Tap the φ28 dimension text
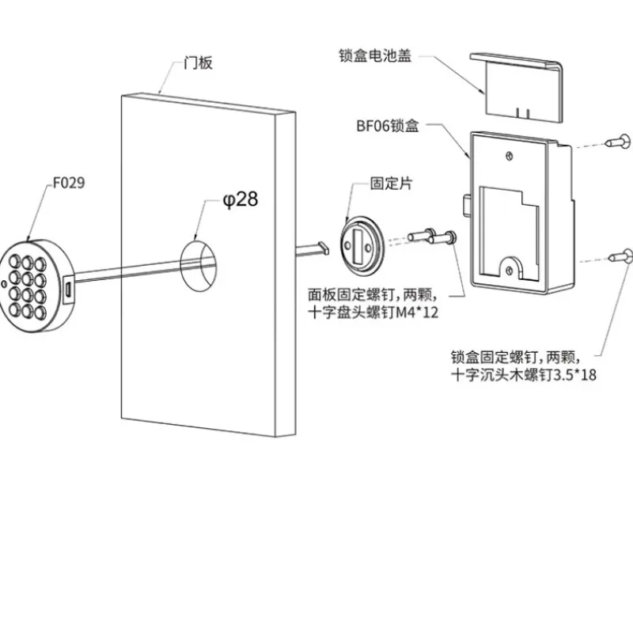tap(241, 199)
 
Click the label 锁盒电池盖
tap(375, 57)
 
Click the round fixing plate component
tap(362, 243)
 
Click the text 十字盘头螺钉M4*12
tap(376, 313)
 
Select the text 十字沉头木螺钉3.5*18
tap(522, 375)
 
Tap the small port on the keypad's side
tap(69, 288)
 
